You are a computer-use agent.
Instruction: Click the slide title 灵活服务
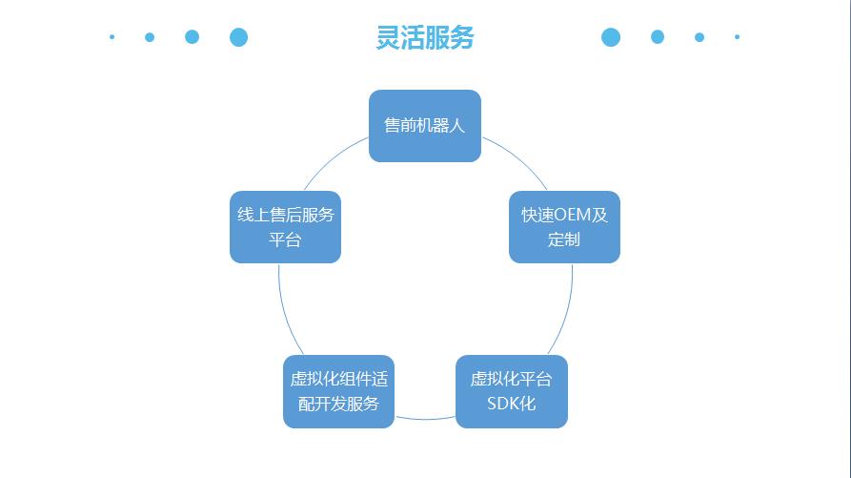(425, 37)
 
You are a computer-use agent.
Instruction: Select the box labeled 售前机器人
(424, 126)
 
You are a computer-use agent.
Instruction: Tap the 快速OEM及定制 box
(564, 227)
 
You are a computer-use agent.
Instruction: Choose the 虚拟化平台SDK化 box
(512, 391)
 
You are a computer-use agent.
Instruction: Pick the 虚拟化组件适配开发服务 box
(338, 391)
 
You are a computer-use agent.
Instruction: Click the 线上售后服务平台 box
(285, 227)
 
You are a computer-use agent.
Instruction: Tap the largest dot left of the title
(239, 37)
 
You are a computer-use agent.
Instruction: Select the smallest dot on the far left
(112, 37)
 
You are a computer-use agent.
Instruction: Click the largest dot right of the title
(611, 37)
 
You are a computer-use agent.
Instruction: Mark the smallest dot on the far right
(737, 37)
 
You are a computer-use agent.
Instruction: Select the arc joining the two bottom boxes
(425, 418)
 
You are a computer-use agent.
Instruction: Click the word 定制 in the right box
(564, 239)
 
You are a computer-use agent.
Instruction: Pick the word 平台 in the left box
(285, 239)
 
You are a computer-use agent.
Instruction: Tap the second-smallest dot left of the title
(150, 37)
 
